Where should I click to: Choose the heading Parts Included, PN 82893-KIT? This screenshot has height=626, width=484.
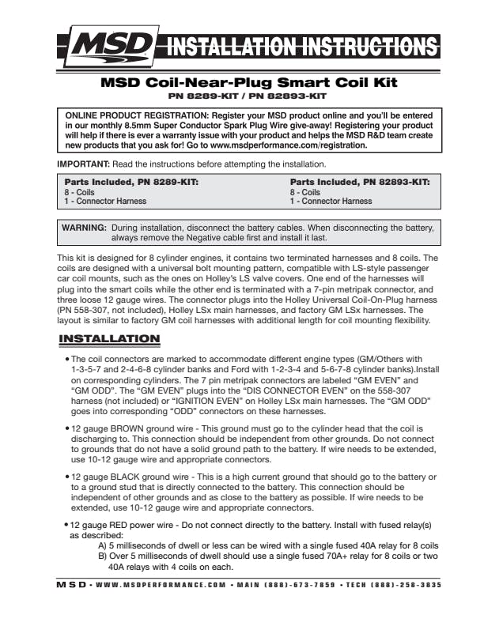tap(359, 182)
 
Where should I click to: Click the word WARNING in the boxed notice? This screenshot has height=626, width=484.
tap(85, 227)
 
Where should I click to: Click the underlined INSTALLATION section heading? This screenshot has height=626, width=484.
tap(121, 339)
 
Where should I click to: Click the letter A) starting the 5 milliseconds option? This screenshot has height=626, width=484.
tap(103, 546)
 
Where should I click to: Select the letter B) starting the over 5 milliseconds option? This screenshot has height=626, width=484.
tap(103, 556)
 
